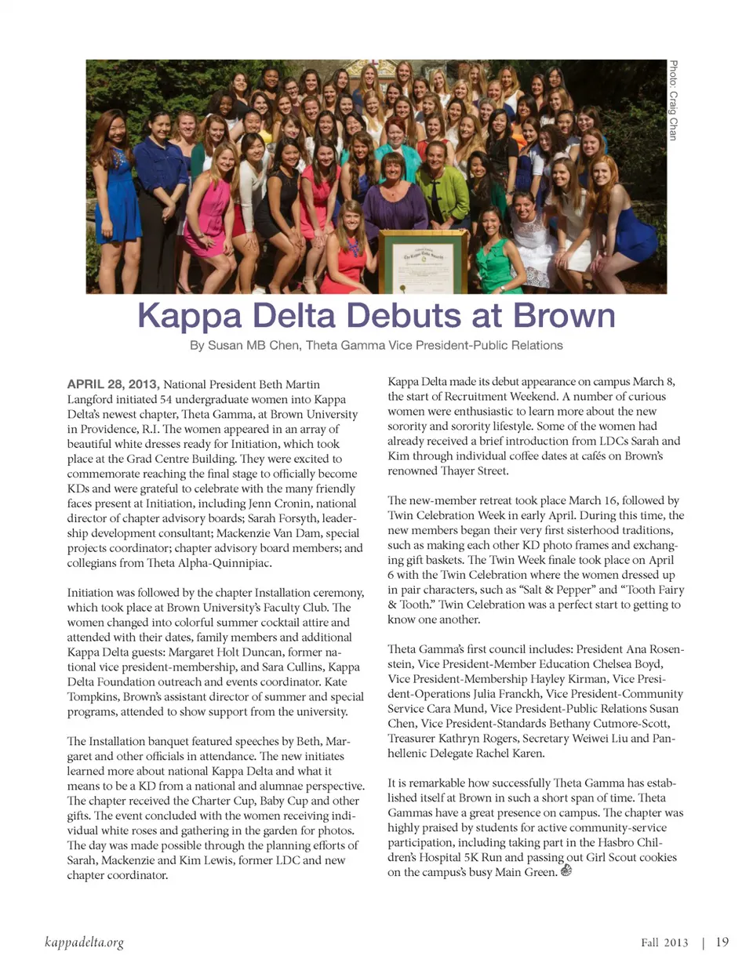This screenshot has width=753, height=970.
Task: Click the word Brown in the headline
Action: pos(564,316)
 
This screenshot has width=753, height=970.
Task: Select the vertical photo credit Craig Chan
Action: pos(673,100)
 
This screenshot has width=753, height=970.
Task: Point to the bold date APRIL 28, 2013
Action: pos(113,384)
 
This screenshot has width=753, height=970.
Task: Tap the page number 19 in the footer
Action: pos(722,942)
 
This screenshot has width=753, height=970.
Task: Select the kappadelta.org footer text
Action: pos(85,942)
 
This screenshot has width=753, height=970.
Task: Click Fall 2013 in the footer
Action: pos(664,943)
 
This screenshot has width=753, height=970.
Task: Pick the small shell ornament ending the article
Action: pos(567,870)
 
